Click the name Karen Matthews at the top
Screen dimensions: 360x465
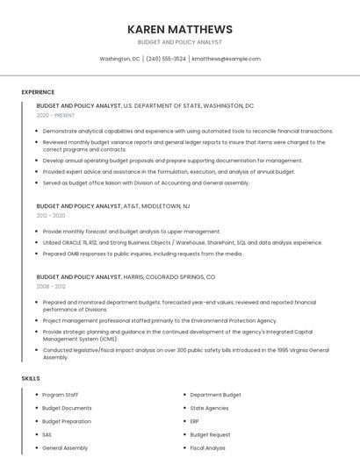pos(180,29)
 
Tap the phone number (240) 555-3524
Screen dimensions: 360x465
pos(166,59)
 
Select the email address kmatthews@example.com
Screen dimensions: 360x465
pos(226,59)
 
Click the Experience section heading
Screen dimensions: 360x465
pos(38,92)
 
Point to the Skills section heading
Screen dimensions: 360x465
pos(31,378)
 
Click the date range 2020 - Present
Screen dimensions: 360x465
pos(55,115)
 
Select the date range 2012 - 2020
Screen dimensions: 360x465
pos(51,215)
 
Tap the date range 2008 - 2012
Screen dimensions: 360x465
pos(51,286)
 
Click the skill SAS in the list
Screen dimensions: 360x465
pos(47,434)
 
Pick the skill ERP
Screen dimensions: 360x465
pos(195,421)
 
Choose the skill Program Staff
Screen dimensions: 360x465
pos(60,395)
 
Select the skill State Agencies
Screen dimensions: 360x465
pos(209,408)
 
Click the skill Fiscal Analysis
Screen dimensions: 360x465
pos(207,447)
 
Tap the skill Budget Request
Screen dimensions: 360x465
pos(210,434)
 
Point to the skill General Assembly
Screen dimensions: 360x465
pos(65,447)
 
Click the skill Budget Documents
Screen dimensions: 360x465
pos(67,408)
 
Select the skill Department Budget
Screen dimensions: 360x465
pos(215,395)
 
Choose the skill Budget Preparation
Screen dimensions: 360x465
pos(66,421)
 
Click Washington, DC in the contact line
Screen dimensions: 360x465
pos(119,59)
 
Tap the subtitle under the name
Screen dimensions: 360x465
pos(180,42)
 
